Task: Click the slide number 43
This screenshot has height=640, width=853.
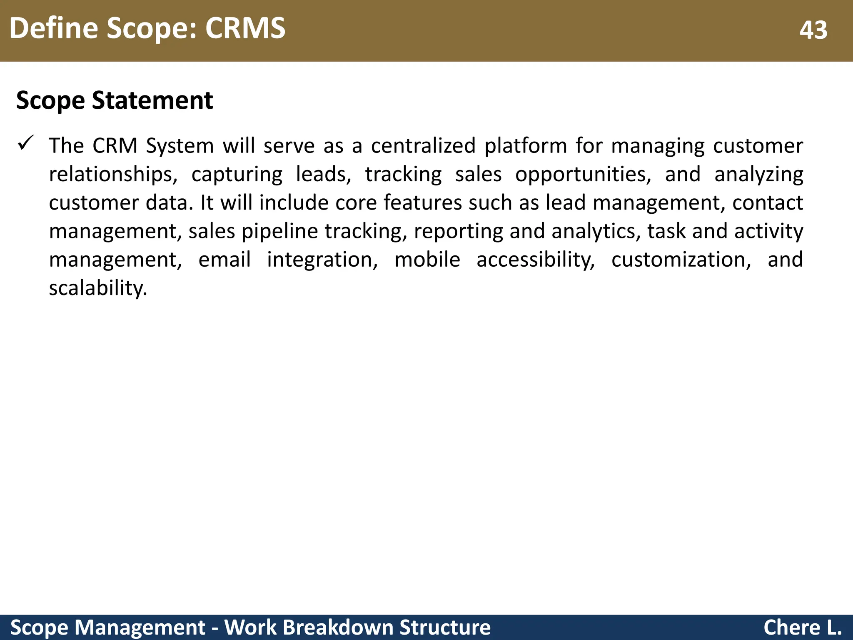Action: [813, 30]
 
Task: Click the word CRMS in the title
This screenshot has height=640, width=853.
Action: [245, 28]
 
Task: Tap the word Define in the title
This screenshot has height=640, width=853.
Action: [53, 28]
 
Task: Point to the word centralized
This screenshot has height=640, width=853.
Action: [423, 146]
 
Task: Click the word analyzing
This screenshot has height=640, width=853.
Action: [758, 175]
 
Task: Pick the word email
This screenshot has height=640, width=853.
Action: [224, 260]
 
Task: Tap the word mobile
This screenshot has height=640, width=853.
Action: [427, 260]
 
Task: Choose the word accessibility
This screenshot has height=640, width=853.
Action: [536, 260]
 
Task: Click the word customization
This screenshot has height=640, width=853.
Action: [681, 260]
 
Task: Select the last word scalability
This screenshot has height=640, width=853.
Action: [98, 288]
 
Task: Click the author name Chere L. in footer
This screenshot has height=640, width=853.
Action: [802, 627]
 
